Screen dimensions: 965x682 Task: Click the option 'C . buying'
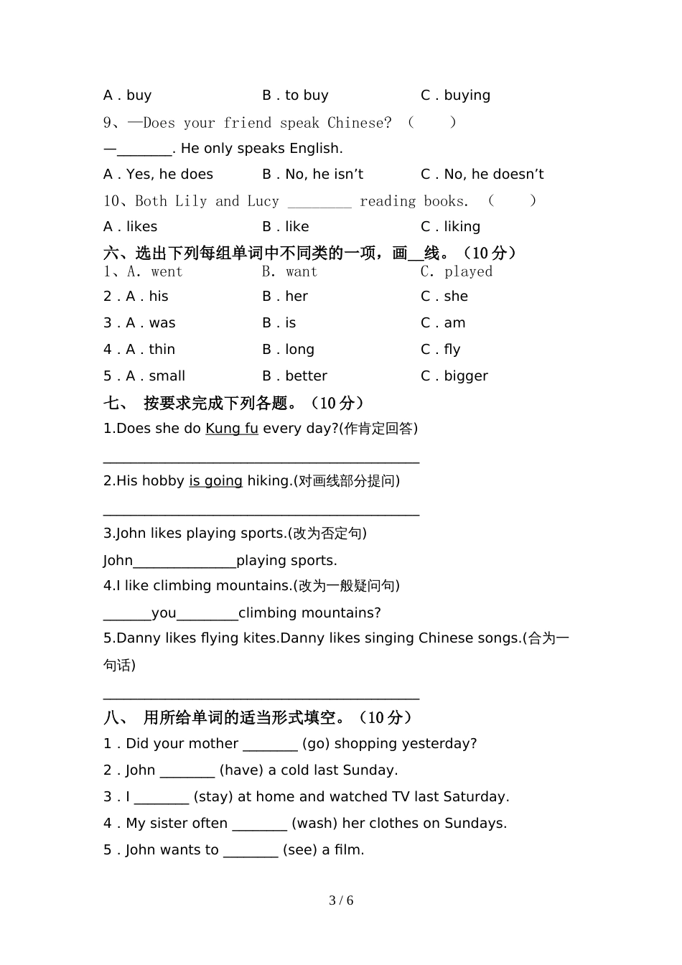click(455, 95)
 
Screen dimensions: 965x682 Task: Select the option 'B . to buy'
click(295, 95)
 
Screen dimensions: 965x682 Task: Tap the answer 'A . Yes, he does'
click(158, 174)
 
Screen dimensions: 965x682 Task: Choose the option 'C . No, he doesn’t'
click(482, 174)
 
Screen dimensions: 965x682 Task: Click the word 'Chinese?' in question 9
click(360, 123)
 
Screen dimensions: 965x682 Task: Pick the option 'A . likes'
click(130, 227)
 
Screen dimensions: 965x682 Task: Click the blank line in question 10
click(319, 202)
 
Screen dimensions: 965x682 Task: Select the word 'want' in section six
click(301, 272)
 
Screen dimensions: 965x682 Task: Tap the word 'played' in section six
click(468, 272)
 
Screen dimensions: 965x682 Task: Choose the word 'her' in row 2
click(296, 297)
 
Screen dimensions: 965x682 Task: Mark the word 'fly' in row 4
click(452, 350)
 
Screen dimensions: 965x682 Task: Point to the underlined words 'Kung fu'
click(231, 429)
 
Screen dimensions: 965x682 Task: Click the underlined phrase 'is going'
click(215, 481)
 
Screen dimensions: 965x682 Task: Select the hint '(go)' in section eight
click(316, 744)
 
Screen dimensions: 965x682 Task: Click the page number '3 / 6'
click(341, 900)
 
